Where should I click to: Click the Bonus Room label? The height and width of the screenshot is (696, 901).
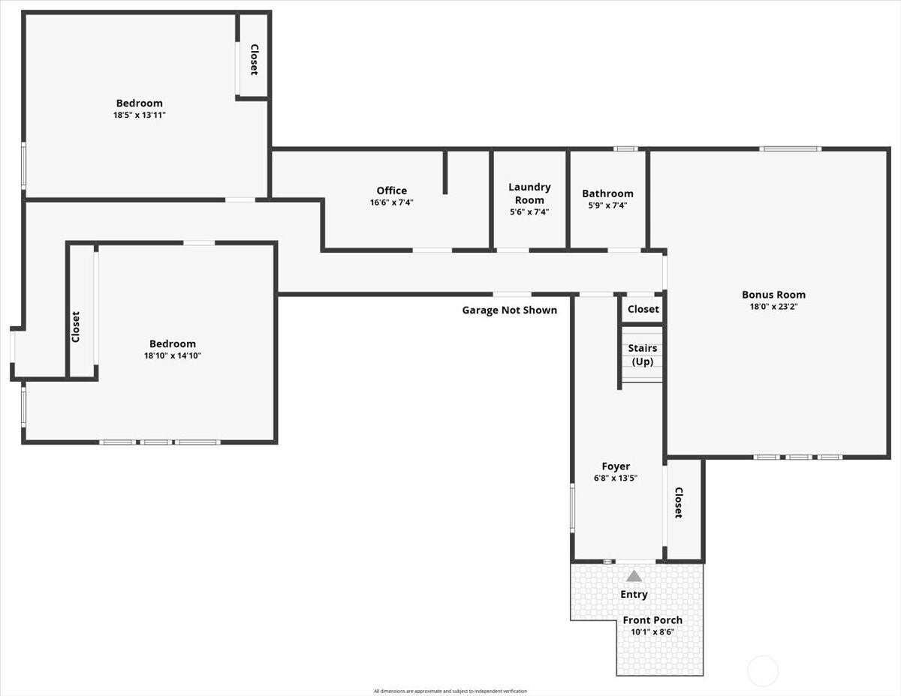[x=773, y=295]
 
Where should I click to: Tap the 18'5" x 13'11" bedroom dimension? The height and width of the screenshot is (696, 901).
[x=140, y=115]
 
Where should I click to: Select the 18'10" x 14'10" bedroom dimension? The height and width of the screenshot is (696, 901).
[x=173, y=355]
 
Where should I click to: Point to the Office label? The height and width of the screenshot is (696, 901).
[x=391, y=190]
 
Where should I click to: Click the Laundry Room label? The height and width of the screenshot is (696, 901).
[x=529, y=193]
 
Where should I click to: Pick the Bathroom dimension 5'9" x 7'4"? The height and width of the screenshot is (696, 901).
[x=607, y=205]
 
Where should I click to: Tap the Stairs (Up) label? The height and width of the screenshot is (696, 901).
[x=642, y=355]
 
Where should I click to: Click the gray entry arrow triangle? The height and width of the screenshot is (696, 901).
[x=634, y=576]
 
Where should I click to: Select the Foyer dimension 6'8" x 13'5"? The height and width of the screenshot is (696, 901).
[x=616, y=478]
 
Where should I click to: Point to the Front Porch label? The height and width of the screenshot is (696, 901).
[x=652, y=619]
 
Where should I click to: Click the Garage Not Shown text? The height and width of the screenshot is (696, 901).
[x=510, y=310]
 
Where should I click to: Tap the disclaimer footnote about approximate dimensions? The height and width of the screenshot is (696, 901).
[x=450, y=691]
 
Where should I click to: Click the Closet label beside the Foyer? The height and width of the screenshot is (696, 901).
[x=678, y=502]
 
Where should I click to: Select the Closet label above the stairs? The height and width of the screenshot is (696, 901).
[x=643, y=309]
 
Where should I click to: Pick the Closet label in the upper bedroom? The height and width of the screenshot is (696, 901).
[x=255, y=60]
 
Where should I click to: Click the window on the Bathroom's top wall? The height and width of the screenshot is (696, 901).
[x=625, y=149]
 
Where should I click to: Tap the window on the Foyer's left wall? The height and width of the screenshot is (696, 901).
[x=573, y=508]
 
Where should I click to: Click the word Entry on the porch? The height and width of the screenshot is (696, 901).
[x=634, y=594]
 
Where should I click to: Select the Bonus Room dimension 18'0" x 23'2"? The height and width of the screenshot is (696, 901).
[x=773, y=307]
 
